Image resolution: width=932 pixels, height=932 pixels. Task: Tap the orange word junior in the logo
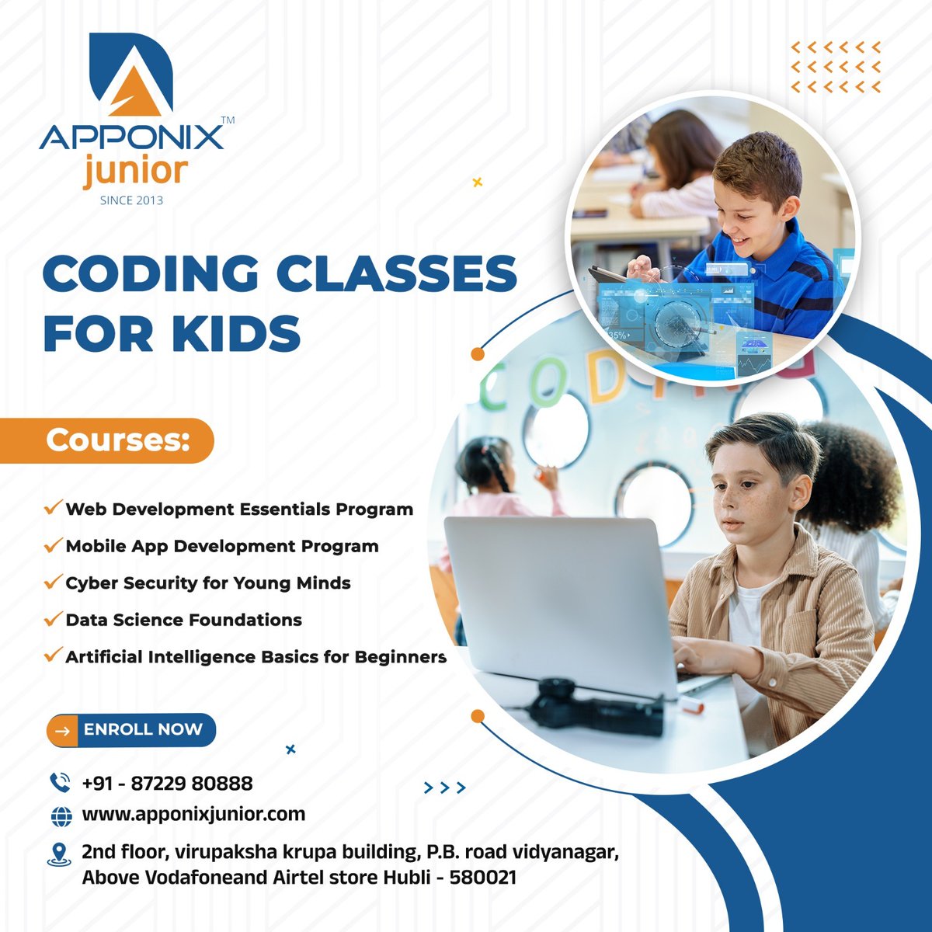click(136, 172)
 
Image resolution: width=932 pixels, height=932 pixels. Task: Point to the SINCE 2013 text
click(132, 200)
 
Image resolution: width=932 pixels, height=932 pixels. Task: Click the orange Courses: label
click(117, 440)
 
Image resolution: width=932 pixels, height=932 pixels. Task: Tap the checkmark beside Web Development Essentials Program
click(53, 509)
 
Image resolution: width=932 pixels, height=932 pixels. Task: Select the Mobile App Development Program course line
click(222, 546)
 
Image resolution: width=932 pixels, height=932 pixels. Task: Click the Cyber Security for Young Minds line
click(208, 582)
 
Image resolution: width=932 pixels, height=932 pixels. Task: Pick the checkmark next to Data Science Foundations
click(53, 619)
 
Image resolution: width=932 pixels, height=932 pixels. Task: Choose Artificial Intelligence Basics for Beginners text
click(256, 656)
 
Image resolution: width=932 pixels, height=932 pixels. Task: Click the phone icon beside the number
click(60, 782)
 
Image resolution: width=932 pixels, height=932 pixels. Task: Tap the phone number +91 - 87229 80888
click(167, 783)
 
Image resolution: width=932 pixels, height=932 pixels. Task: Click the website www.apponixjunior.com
click(193, 814)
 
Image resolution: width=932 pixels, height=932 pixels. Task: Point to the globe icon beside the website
click(61, 815)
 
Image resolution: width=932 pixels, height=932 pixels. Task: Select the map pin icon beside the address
click(59, 854)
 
